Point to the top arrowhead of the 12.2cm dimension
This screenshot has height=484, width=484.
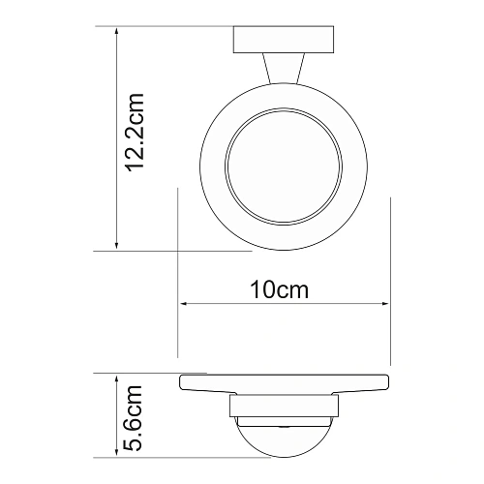point(116,30)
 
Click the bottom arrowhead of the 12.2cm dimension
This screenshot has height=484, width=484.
point(116,246)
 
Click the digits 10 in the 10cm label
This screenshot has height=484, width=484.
point(263,289)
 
